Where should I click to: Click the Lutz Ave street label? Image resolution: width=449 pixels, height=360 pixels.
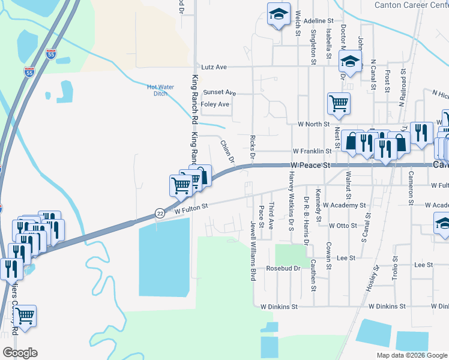point(214,67)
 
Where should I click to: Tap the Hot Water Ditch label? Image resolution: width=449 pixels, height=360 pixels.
point(160,90)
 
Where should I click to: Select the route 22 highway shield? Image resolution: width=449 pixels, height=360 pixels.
point(159,213)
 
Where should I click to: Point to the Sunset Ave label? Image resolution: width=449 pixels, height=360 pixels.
point(219,92)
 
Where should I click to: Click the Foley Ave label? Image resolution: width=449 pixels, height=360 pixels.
point(215,104)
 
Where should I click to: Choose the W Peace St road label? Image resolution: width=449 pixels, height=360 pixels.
point(310,164)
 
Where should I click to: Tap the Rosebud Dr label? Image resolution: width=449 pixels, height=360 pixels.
point(283,268)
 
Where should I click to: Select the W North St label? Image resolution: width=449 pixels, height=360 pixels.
point(314,124)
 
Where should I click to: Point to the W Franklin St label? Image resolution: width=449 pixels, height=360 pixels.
point(312,152)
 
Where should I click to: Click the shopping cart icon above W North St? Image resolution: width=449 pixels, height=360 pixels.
point(339,103)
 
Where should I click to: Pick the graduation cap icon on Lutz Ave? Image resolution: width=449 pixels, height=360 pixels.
point(349,61)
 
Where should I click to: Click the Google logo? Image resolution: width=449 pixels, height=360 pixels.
point(20,353)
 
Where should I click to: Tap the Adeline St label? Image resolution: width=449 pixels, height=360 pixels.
point(318,20)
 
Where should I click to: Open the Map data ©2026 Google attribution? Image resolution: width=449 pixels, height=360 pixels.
point(412,355)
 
